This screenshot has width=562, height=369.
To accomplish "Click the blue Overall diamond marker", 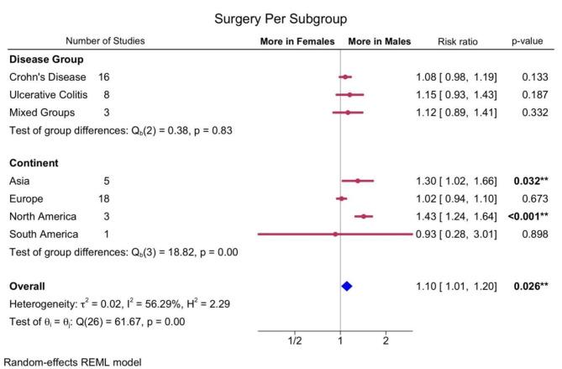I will click(346, 287).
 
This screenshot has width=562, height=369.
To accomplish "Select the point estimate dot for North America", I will click(363, 216).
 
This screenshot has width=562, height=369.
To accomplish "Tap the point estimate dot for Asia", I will click(357, 181).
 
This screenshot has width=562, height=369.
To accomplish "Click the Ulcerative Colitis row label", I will click(49, 95).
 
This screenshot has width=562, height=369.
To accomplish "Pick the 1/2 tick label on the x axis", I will click(295, 341).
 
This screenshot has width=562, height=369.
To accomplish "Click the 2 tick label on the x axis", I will click(386, 341).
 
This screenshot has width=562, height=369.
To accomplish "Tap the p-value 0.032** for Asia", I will click(531, 181).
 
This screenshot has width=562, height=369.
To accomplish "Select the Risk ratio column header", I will click(459, 40).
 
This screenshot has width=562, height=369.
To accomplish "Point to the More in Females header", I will click(297, 40).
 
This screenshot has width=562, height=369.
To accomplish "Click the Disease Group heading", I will click(45, 60).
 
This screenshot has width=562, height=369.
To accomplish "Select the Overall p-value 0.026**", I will click(531, 287).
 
